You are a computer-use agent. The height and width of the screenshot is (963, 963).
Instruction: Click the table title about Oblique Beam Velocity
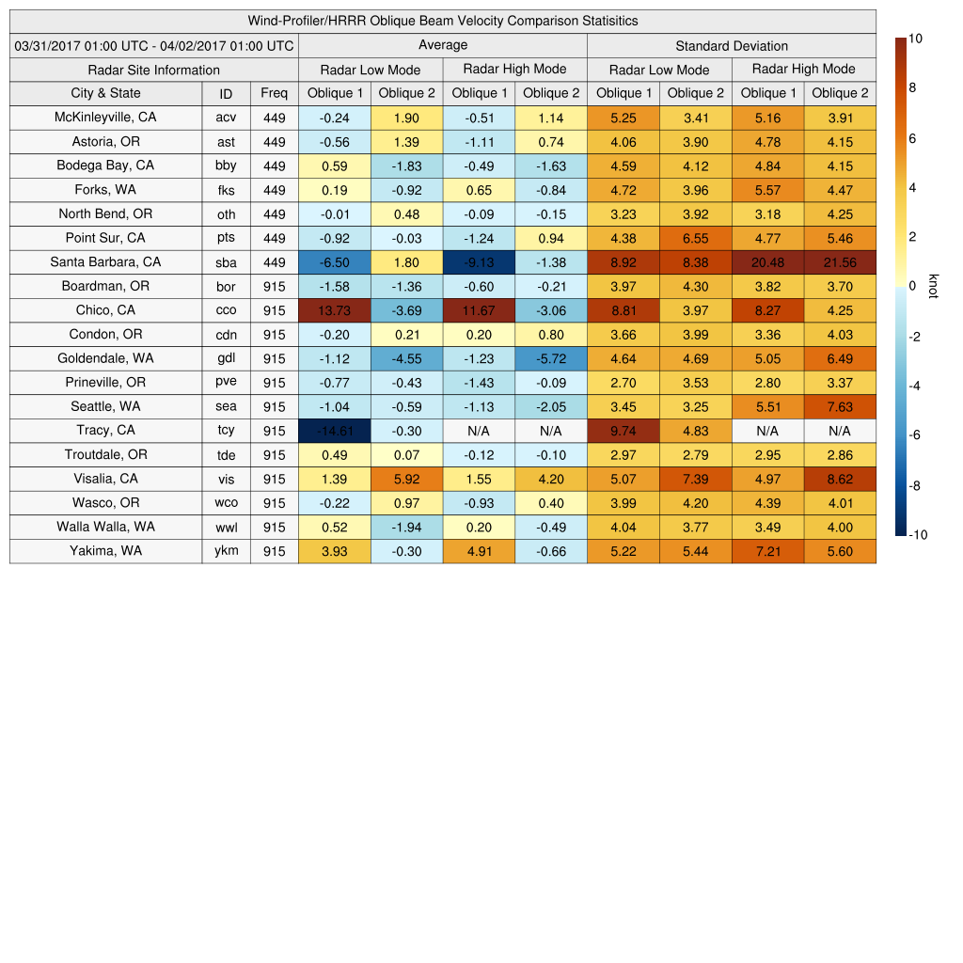click(443, 21)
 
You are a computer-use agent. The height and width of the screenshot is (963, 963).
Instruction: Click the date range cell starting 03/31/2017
click(154, 45)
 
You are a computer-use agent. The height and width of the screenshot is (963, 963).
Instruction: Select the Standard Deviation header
click(732, 45)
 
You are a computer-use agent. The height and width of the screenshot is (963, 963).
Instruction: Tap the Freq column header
click(274, 93)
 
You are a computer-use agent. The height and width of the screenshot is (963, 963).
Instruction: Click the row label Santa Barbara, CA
click(105, 262)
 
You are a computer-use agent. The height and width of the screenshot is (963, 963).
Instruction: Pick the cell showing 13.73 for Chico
click(335, 310)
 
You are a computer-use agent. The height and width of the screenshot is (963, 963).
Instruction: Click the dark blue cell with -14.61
click(335, 431)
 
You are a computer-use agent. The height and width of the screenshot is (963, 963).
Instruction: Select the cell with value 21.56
click(840, 262)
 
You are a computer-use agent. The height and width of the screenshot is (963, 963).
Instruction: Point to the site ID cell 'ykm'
click(226, 552)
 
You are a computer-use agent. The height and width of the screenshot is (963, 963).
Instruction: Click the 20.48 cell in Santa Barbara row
click(768, 262)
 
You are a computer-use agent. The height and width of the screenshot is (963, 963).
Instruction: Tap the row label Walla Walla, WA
click(105, 528)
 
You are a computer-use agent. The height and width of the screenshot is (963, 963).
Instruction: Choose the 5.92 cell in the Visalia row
click(406, 480)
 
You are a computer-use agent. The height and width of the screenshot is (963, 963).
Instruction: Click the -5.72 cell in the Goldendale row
click(551, 358)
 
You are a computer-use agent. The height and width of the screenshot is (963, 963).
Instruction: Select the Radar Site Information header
click(153, 70)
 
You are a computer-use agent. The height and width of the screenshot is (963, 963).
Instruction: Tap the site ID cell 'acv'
click(226, 118)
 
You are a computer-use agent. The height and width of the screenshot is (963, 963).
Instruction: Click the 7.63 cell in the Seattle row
click(840, 407)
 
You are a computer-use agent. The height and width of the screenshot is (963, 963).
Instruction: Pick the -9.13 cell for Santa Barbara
click(480, 262)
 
